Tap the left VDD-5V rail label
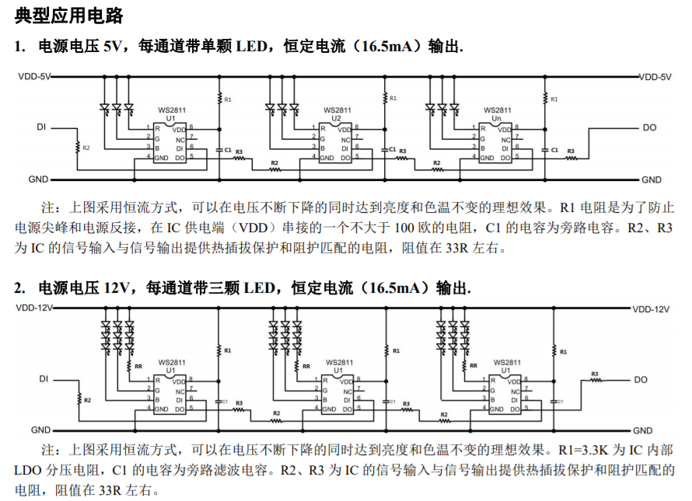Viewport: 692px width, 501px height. click(x=34, y=77)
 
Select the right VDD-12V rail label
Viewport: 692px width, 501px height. click(x=650, y=308)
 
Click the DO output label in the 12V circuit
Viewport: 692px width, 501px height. click(x=640, y=380)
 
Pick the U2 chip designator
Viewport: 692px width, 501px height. click(x=336, y=118)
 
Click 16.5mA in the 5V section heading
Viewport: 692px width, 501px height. click(x=388, y=47)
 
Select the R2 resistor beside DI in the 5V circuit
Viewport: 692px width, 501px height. click(x=78, y=147)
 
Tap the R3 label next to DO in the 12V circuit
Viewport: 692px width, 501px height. click(x=595, y=374)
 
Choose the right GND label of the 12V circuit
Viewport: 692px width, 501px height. click(x=642, y=430)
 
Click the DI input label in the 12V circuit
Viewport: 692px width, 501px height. click(x=44, y=379)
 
